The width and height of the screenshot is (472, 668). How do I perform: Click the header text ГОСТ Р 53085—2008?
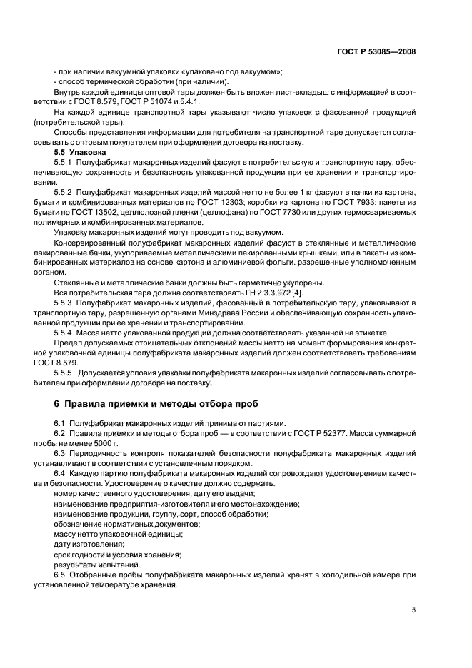376,52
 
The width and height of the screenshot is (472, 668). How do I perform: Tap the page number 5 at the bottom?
413,610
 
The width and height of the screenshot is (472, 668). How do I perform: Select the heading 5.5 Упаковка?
80,153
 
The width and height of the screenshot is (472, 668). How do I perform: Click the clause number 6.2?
60,433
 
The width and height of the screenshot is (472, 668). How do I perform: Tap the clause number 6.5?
60,574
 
